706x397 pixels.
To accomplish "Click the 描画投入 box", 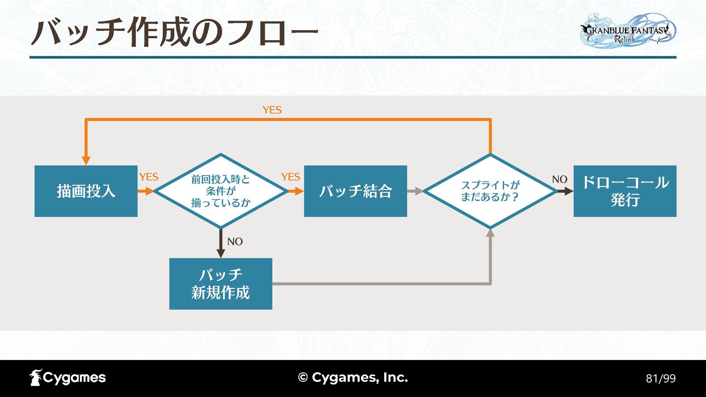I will coord(86,191).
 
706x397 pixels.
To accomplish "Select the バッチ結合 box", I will coord(355,191).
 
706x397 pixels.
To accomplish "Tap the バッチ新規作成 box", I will coord(221,284).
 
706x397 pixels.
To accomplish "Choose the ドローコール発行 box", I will coord(625,191).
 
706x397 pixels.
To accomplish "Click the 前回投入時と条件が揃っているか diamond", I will coord(221,191).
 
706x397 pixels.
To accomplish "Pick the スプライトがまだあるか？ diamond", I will coord(490,191).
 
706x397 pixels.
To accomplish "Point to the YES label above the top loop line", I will coord(272,110).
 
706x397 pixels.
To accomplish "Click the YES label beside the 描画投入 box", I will coord(149,177).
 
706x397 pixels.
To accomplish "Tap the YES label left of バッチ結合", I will coord(290,177).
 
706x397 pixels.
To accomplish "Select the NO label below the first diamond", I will coord(235,242).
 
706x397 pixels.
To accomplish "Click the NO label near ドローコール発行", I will coord(560,179).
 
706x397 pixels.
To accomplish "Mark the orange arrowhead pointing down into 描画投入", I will coord(86,161).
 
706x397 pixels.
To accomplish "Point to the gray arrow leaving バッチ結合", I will coord(416,191).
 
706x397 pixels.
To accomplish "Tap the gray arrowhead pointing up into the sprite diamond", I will coord(490,233).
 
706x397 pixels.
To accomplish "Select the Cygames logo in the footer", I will coord(68,378).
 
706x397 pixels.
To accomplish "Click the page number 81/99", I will coord(661,378).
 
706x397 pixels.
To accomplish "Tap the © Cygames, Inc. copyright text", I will coord(353,378).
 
